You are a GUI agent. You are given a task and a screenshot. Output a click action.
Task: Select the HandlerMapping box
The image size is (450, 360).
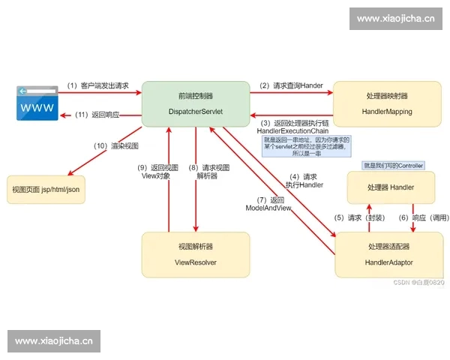pos(383,103)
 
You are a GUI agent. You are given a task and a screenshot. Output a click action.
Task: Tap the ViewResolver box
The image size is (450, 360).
pos(196,254)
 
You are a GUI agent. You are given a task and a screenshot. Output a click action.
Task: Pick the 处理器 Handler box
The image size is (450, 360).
pos(391,187)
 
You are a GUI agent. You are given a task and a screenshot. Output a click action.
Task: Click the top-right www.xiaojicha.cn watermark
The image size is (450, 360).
pos(395,19)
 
